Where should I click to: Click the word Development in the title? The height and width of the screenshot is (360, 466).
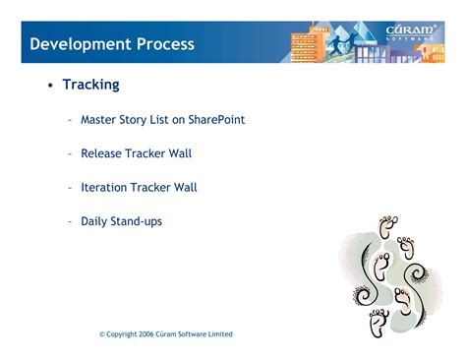click(x=80, y=44)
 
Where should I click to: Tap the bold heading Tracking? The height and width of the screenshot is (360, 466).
click(x=90, y=85)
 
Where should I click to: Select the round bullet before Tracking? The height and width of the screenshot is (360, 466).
click(x=49, y=86)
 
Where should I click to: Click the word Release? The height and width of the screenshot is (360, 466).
click(x=103, y=153)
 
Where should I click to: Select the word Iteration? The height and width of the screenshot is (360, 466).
click(x=105, y=187)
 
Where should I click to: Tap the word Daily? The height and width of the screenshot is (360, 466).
click(x=95, y=221)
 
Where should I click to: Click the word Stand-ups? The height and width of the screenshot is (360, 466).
click(x=139, y=221)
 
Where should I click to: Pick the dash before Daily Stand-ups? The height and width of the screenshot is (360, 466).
click(x=70, y=221)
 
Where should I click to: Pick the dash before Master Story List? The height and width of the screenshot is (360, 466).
click(x=70, y=120)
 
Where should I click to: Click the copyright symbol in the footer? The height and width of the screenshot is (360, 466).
click(x=102, y=334)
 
